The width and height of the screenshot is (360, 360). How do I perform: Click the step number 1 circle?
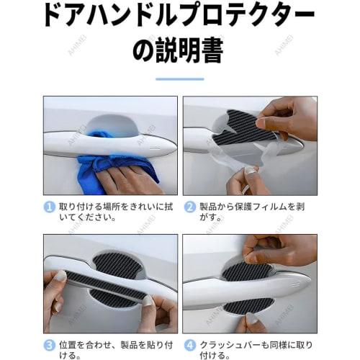click(x=50, y=207)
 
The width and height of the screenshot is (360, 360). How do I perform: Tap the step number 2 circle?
click(x=191, y=207)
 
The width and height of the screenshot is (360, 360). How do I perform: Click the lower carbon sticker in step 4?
click(x=249, y=305)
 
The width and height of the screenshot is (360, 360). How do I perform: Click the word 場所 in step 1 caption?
click(x=117, y=207)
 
